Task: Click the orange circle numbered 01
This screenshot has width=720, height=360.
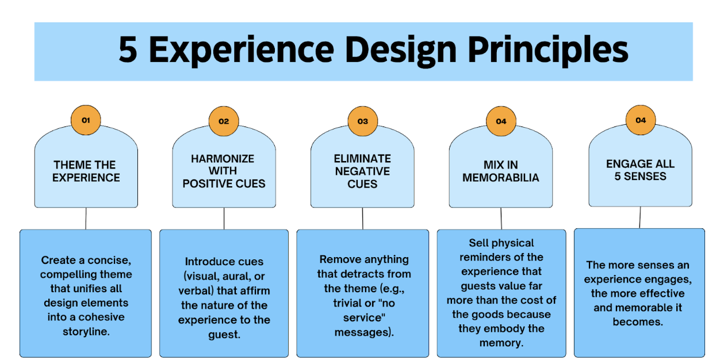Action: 86,121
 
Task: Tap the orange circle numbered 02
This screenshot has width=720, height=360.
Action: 224,121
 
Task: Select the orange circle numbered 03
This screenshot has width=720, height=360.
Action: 362,121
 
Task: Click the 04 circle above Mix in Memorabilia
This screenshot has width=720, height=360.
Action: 501,121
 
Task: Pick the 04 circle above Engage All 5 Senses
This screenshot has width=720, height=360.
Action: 640,120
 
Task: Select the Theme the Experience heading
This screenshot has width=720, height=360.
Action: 86,171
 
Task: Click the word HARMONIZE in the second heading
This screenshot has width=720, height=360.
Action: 223,158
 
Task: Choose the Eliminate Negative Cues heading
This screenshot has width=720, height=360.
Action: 362,171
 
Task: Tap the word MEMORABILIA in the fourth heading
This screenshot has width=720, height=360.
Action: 501,178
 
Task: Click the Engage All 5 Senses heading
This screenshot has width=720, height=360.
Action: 640,170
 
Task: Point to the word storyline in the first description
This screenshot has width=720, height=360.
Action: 86,331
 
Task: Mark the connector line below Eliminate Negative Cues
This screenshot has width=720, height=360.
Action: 363,219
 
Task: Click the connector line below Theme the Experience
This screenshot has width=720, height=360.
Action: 86,219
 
